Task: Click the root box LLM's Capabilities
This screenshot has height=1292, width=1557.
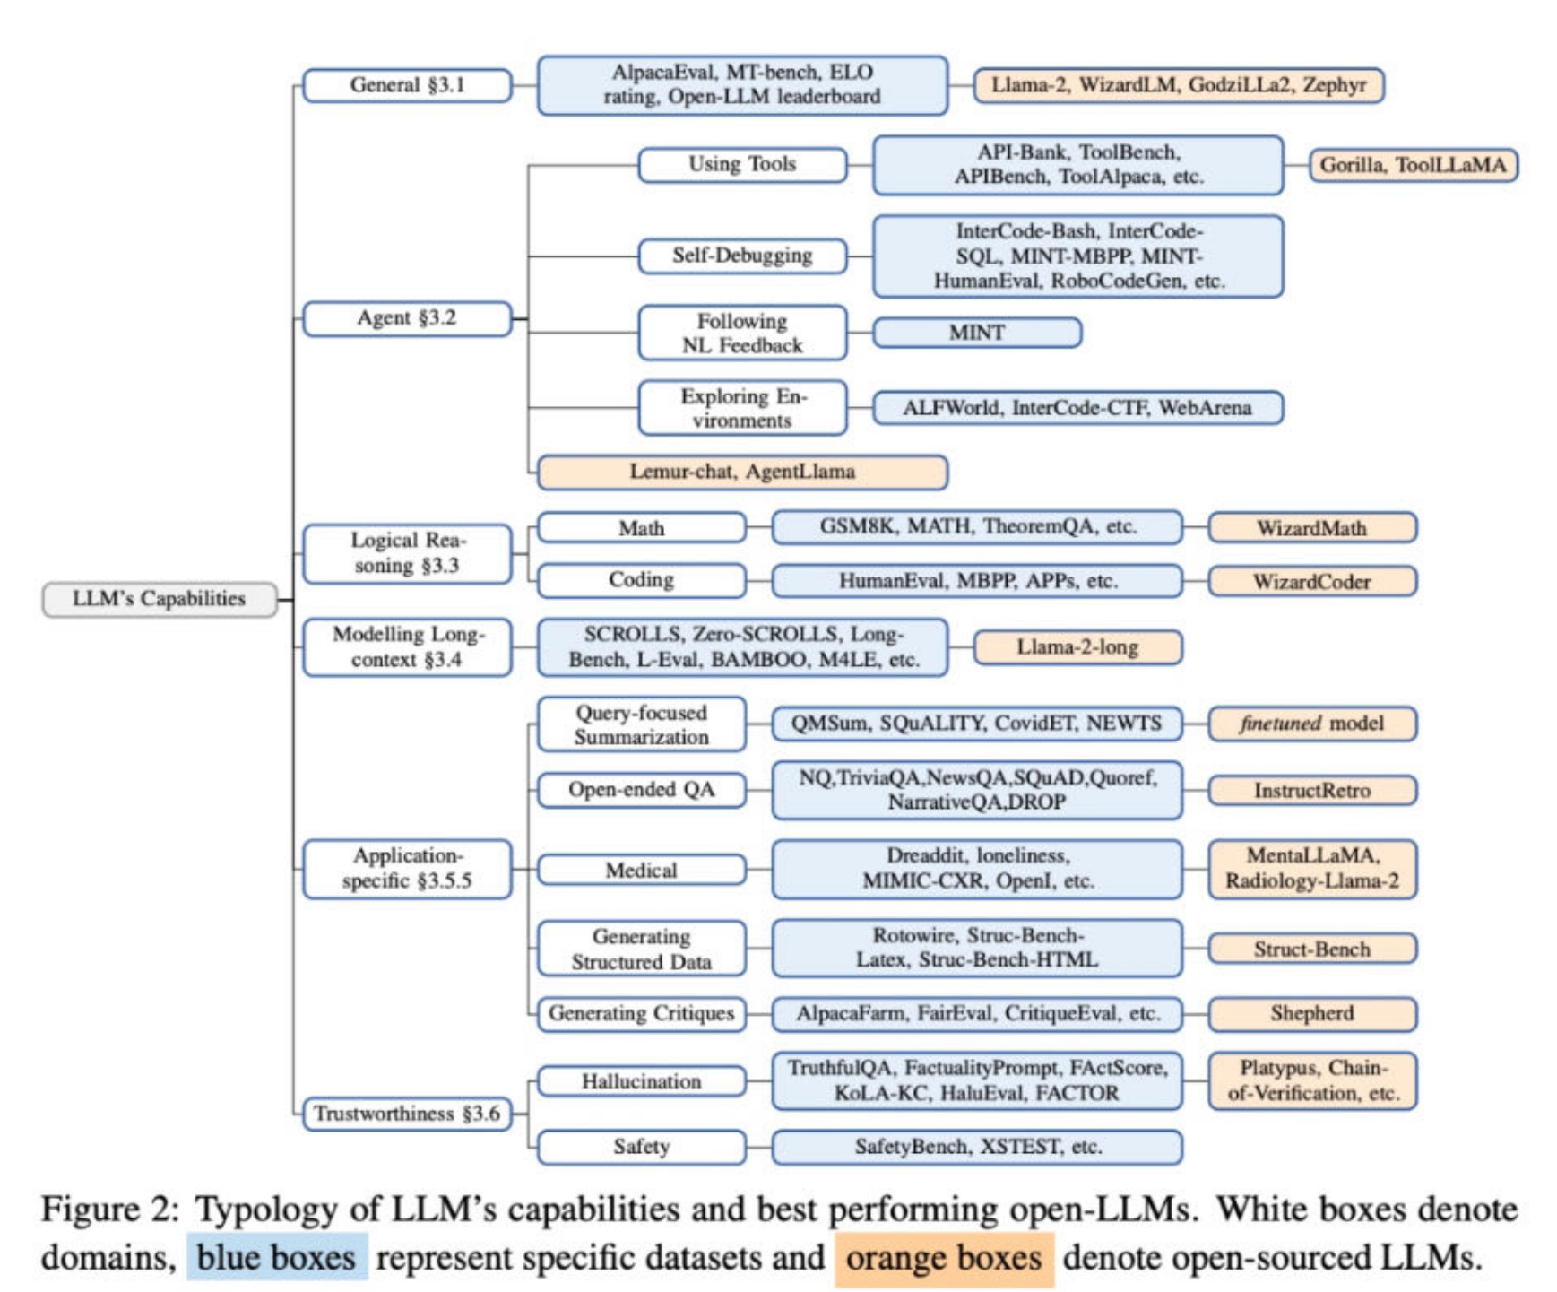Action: click(x=160, y=599)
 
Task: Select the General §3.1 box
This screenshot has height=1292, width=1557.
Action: click(x=407, y=85)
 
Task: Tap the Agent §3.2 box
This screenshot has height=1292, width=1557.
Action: click(x=407, y=318)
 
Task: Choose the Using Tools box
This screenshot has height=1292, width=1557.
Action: click(x=741, y=164)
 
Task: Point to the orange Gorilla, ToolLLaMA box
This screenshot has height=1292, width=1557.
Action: click(x=1413, y=165)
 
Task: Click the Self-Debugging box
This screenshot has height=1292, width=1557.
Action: click(x=741, y=256)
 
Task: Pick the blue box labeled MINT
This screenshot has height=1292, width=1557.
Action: click(x=976, y=333)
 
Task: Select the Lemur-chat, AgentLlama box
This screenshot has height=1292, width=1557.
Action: click(x=741, y=472)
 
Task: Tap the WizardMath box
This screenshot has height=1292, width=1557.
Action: click(x=1311, y=527)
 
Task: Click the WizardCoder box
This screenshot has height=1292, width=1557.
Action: click(x=1311, y=581)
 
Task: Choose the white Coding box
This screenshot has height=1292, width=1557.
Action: click(x=641, y=580)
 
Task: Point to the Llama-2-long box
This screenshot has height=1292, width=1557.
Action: click(x=1077, y=647)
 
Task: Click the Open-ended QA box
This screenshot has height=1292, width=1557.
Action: click(x=641, y=790)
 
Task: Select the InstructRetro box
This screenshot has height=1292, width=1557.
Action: click(x=1311, y=790)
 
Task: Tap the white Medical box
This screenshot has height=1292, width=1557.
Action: click(x=641, y=870)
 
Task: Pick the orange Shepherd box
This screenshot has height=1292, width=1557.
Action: click(x=1311, y=1013)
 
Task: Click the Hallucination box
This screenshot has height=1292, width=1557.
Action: click(x=641, y=1081)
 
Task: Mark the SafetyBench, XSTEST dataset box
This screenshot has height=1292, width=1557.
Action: click(x=976, y=1147)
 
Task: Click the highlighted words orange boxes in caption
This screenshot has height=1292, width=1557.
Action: click(x=943, y=1258)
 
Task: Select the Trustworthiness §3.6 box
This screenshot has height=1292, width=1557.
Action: click(x=407, y=1114)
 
